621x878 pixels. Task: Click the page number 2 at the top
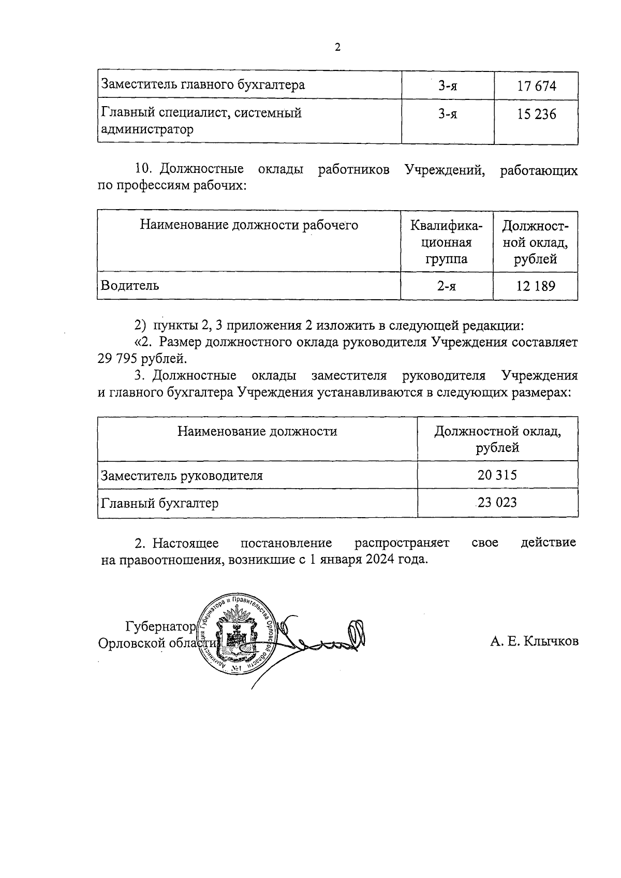click(x=338, y=48)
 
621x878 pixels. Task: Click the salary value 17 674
click(x=536, y=85)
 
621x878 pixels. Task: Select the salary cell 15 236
click(x=536, y=114)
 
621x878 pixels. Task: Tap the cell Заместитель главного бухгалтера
click(x=203, y=84)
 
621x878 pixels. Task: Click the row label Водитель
click(x=130, y=285)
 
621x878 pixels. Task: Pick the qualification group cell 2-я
click(x=446, y=286)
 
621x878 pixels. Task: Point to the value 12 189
click(x=535, y=286)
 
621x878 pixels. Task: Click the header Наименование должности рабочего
click(x=249, y=225)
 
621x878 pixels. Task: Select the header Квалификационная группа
click(x=446, y=242)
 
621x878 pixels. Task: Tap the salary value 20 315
click(x=497, y=475)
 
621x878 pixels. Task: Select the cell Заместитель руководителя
click(x=182, y=475)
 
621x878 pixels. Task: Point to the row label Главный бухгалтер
click(x=160, y=503)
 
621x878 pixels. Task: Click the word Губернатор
click(x=160, y=627)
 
